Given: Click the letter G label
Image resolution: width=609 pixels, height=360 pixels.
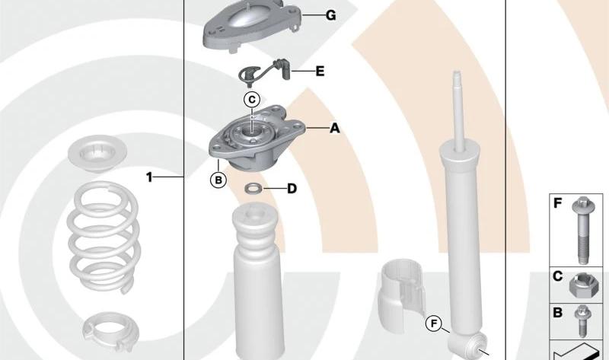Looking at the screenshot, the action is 331,15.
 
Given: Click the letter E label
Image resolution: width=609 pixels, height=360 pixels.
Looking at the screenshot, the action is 320,72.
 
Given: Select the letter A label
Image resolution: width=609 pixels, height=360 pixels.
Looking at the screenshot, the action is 335,128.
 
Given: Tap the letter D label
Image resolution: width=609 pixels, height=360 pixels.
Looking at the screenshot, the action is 292,189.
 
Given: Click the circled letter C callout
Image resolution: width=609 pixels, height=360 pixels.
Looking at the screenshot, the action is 252,100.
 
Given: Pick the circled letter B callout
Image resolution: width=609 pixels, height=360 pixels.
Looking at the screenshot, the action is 218,180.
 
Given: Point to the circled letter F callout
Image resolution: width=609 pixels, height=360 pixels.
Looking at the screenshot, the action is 434,323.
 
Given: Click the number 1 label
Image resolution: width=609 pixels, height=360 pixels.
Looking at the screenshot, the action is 149,177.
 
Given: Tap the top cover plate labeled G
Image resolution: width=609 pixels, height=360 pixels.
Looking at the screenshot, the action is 252,26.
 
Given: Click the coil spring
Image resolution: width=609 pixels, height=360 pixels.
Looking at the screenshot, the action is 103,237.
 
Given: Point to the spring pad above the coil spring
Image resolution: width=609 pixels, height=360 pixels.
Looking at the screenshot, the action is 97,154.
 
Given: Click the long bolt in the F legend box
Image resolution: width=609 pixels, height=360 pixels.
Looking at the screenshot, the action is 582,231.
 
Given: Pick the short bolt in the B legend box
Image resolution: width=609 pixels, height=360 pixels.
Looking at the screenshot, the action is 582,320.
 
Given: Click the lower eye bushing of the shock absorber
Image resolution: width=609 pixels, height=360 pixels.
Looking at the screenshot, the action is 475,345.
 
